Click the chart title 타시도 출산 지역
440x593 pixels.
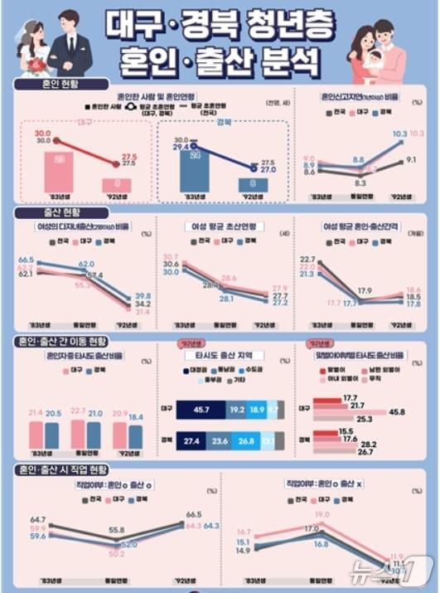(219, 355)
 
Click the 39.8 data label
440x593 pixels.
(143, 296)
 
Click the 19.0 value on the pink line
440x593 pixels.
(322, 515)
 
